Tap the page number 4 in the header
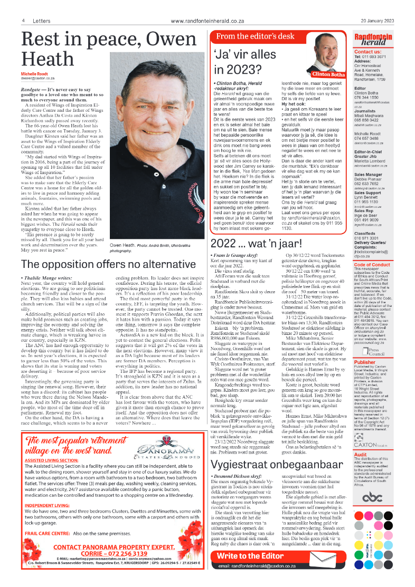pos(24,21)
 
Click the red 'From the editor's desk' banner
pos(255,36)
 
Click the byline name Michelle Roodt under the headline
pos(35,73)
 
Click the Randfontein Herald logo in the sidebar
pos(373,40)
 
